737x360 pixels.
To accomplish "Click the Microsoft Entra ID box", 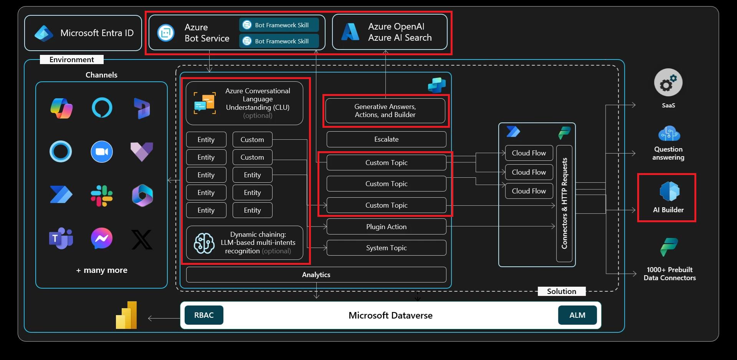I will click(83, 33).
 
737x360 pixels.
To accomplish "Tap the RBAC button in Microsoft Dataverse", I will click(204, 315).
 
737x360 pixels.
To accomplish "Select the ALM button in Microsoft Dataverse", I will click(577, 315).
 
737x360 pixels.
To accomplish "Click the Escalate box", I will click(386, 139).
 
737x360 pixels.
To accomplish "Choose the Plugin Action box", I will click(386, 227).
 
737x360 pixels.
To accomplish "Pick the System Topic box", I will click(386, 248).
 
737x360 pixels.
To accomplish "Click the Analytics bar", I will click(316, 275).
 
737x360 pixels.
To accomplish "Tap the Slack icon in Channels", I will click(102, 196).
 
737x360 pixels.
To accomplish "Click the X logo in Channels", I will click(142, 239).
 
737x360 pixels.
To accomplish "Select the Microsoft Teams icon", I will click(61, 238).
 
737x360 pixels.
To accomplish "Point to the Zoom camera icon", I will click(102, 152).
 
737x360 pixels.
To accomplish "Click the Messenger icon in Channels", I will click(102, 238).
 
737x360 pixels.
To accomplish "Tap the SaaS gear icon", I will click(668, 83).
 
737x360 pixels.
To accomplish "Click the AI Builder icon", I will click(669, 192).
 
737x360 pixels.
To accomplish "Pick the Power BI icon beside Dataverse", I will click(127, 315).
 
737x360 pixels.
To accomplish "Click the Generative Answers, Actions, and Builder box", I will click(385, 111).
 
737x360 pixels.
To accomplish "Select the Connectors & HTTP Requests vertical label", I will click(564, 203).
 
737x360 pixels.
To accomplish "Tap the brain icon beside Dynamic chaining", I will click(204, 243).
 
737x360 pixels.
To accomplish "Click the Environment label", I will click(72, 59).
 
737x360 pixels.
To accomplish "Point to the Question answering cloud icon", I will click(669, 134).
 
